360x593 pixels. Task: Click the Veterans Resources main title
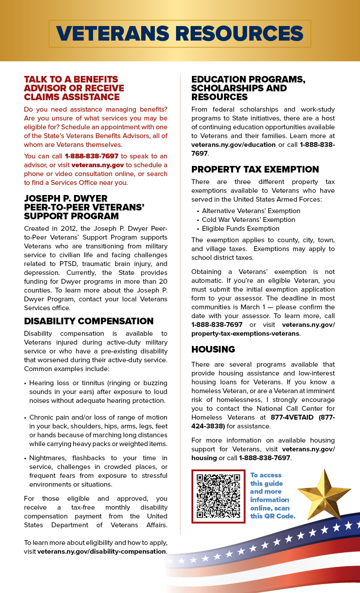tap(180, 34)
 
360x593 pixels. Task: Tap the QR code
tap(218, 496)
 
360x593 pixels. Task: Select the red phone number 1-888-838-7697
tap(91, 156)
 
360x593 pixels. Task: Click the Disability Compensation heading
tap(89, 321)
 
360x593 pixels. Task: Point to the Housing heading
tap(213, 349)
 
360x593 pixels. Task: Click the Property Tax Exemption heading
tap(255, 169)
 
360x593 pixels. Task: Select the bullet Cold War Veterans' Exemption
tap(248, 220)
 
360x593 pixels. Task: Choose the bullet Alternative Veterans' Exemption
tap(251, 211)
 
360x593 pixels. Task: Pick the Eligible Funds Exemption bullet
tap(240, 229)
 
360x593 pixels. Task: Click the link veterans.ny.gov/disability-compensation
tap(101, 552)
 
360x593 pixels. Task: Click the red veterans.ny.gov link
tap(97, 165)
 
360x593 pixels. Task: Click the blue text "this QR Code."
tap(273, 516)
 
